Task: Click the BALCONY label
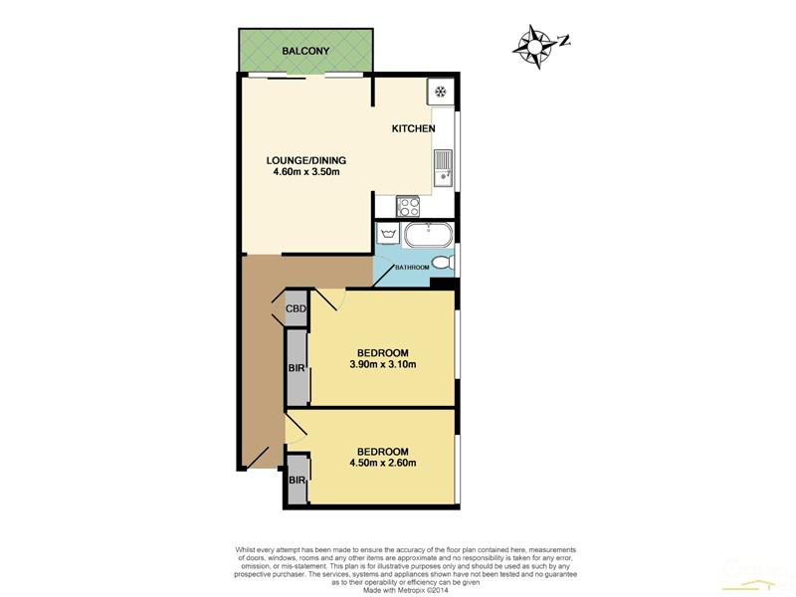[x=304, y=50]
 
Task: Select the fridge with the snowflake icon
[x=440, y=93]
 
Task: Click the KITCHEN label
[x=413, y=129]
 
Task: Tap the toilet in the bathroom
[x=446, y=264]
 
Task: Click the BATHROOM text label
[x=412, y=268]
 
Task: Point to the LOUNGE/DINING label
[x=306, y=159]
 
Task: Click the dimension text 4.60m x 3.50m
[x=306, y=172]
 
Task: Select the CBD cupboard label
[x=296, y=309]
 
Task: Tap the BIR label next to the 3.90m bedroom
[x=297, y=368]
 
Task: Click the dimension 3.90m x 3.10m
[x=382, y=364]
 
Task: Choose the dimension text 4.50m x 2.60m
[x=382, y=462]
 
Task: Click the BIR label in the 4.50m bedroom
[x=297, y=481]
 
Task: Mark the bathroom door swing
[x=382, y=271]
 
